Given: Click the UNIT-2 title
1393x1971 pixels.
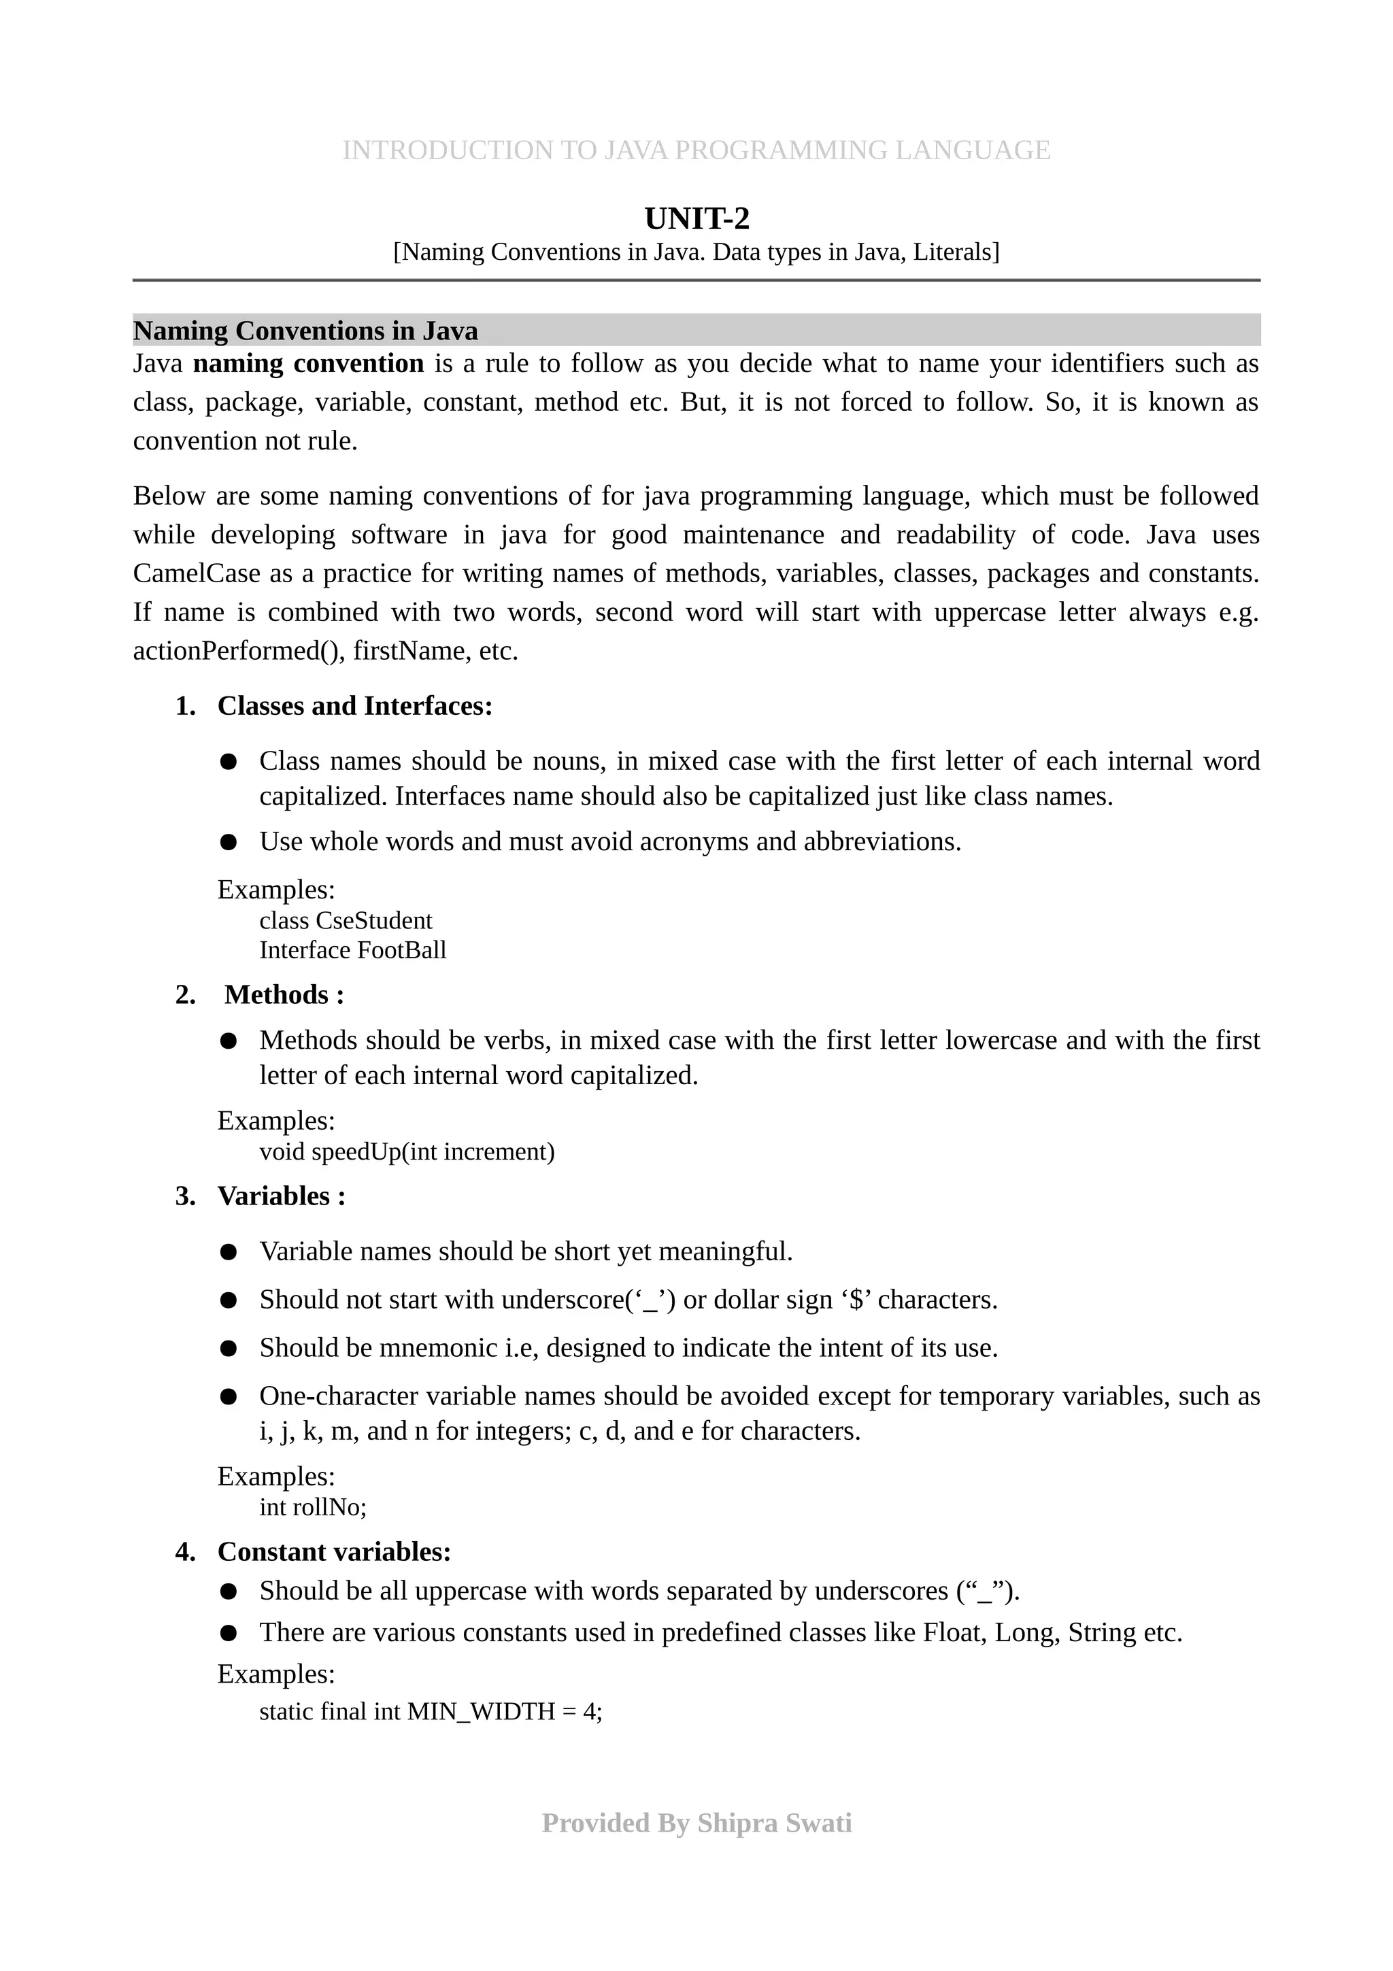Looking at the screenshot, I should pos(696,219).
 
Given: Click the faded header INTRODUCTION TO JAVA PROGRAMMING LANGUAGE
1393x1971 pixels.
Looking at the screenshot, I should pos(696,150).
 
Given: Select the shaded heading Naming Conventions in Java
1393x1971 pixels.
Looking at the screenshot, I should pos(305,331).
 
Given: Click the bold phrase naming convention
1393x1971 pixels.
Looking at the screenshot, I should pos(308,364).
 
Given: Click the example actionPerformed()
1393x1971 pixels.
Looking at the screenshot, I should pos(237,651).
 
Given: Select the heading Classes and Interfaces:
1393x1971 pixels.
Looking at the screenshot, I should pos(354,706).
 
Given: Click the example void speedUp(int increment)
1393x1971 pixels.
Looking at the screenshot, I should pos(407,1151).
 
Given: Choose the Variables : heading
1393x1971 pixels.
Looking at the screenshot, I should pos(282,1196).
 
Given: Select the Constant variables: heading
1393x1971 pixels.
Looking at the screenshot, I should pos(334,1551).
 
